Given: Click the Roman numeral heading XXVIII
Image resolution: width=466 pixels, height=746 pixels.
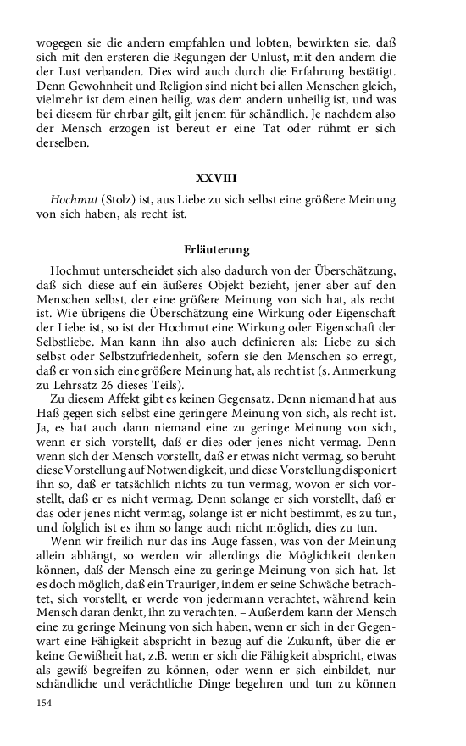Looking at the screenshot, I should (216, 180).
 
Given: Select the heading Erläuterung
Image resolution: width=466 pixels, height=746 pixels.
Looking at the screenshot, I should (216, 250).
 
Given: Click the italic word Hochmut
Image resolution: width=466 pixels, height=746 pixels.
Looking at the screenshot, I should (73, 200).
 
